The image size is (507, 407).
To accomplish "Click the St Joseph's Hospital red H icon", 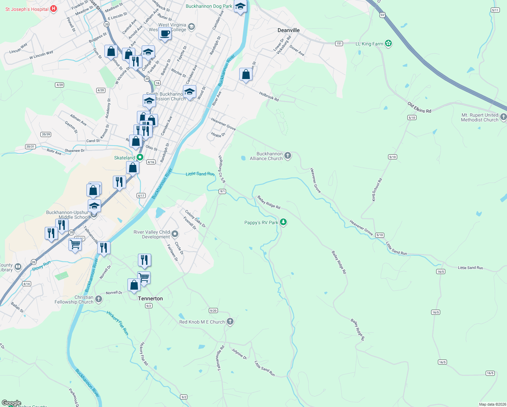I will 54,9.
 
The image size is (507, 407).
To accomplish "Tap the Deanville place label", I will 288,30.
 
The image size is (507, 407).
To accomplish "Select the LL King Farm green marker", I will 388,43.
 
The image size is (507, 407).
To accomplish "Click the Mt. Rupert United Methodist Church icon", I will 503,117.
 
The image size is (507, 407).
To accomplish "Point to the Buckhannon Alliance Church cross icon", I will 288,156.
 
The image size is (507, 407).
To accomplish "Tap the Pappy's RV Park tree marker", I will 283,222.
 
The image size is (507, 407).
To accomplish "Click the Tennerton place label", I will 150,298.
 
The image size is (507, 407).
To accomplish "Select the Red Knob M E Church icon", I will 230,321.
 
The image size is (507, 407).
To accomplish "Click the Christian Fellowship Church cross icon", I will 99,299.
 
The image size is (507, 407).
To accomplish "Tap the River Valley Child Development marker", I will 175,234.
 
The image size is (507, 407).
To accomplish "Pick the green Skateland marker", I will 140,157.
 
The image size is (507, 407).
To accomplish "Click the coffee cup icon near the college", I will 165,34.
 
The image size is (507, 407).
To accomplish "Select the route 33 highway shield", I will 382,15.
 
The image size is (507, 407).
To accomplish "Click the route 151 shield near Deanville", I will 339,43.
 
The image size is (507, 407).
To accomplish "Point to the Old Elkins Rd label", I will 419,108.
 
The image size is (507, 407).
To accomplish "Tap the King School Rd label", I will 377,190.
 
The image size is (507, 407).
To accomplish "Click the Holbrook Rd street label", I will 269,97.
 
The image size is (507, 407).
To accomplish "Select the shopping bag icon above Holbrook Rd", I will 246,75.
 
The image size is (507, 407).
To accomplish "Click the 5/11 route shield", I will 495,10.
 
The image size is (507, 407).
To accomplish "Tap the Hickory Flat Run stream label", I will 118,323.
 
